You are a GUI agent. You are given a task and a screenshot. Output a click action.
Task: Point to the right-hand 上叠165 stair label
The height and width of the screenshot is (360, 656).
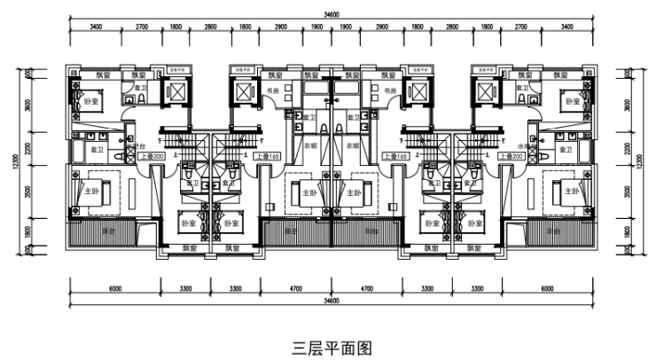[x=396, y=156]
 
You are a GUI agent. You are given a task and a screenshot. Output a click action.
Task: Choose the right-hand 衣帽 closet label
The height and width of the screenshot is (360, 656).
[x=353, y=145]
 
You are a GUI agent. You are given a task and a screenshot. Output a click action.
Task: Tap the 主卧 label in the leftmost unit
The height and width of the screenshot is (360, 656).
[x=90, y=191]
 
